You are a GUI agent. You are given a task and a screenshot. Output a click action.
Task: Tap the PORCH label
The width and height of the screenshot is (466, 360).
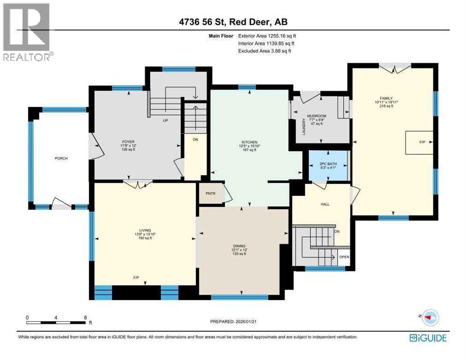point(61,158)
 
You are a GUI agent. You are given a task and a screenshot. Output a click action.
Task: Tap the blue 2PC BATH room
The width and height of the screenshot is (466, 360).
point(328,165)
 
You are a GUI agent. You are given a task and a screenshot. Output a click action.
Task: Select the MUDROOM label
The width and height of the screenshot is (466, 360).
point(316,115)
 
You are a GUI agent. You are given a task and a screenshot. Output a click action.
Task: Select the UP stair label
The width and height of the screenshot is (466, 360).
point(165,120)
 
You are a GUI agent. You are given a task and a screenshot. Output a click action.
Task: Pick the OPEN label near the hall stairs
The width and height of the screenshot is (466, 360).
point(345,257)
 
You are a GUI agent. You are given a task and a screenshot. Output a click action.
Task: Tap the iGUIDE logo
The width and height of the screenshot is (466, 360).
point(428,337)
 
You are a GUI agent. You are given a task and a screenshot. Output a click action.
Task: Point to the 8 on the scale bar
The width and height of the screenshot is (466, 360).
point(85,317)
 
